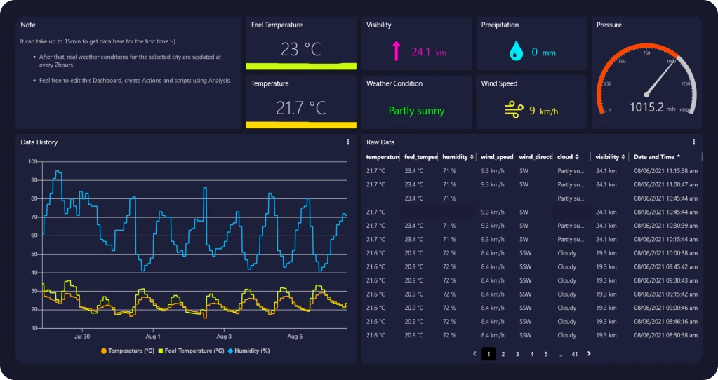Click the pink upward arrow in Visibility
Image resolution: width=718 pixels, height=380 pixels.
coord(397,51)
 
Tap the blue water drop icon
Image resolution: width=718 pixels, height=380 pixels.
coord(516,51)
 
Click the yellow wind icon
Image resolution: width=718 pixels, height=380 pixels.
coord(514,109)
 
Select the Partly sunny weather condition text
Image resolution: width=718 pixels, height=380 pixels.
coord(416,111)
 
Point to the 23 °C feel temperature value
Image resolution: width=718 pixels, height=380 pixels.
coord(300,50)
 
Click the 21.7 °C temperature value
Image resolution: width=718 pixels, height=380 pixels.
coord(300,108)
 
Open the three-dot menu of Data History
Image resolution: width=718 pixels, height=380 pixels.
coord(347,142)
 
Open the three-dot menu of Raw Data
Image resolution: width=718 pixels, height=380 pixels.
coord(693,142)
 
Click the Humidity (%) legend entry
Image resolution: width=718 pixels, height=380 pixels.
coord(249,351)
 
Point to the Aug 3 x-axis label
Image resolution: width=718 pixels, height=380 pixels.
coord(224,337)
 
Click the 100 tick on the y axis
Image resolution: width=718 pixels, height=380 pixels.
coord(32,162)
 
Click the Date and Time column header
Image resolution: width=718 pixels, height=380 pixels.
coord(657,157)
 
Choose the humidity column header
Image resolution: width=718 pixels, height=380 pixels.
coord(458,157)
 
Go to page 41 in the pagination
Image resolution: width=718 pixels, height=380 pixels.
coord(574,355)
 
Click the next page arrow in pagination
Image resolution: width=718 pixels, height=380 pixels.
coord(589,354)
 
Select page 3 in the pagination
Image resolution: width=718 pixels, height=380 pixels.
coord(517,355)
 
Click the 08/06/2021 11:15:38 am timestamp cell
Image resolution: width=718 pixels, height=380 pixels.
coord(665,170)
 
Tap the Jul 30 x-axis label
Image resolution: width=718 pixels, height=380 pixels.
coord(81,337)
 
